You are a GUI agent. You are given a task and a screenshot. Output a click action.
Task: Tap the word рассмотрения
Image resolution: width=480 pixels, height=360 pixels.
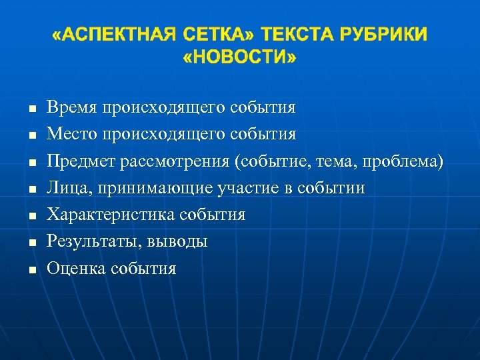coord(163,161)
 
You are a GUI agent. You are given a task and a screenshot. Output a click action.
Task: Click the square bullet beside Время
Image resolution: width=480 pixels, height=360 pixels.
coord(31,108)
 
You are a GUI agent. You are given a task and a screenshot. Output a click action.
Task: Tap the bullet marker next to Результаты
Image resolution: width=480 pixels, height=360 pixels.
coord(31,243)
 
